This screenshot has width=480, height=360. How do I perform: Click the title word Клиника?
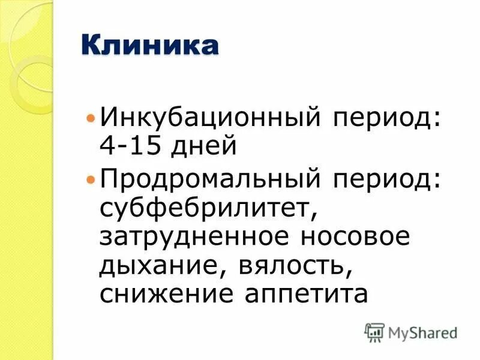coord(150,46)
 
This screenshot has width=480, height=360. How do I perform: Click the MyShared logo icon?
coord(374,332)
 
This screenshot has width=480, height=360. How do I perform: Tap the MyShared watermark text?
coord(422,332)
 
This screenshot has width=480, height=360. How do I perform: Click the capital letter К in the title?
coord(91,46)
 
